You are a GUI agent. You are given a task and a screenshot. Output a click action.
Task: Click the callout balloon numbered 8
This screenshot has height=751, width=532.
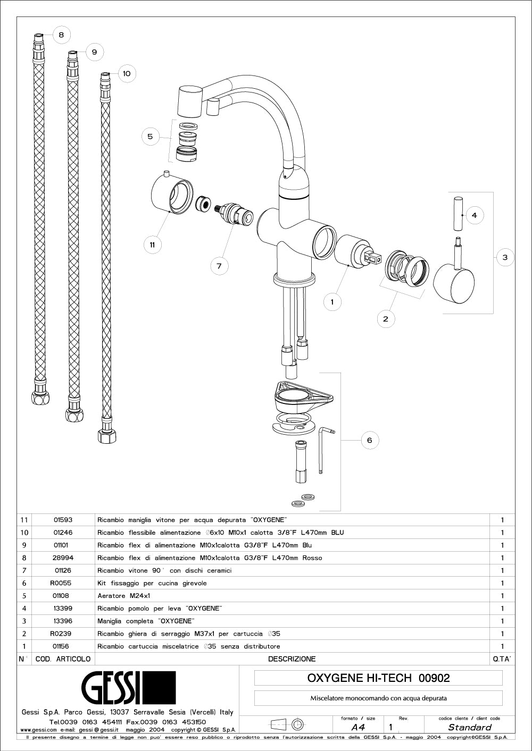[x=61, y=35]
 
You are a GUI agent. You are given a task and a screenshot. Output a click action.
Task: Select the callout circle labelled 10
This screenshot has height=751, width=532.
[x=126, y=73]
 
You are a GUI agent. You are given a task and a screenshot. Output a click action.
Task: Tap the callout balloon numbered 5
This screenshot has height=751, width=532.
[x=150, y=137]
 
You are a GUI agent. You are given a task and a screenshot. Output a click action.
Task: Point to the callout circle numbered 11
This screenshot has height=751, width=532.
[x=152, y=244]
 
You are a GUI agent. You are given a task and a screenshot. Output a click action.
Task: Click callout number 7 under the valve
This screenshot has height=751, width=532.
[x=219, y=266]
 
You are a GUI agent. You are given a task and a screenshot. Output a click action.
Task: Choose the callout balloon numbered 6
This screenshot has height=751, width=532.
[x=370, y=440]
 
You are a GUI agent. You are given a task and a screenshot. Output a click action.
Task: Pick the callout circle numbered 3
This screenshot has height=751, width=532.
[x=505, y=257]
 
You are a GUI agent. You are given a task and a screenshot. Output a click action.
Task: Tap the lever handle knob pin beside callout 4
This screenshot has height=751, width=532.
[x=459, y=214]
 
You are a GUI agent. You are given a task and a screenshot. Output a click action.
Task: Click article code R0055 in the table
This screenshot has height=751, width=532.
[x=61, y=583]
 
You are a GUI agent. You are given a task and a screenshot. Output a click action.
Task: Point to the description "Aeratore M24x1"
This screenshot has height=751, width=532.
[x=124, y=596]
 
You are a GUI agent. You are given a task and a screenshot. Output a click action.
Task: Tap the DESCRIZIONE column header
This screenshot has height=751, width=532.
[x=292, y=659]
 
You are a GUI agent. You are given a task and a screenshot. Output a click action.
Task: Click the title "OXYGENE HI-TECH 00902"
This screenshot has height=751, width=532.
[x=378, y=678]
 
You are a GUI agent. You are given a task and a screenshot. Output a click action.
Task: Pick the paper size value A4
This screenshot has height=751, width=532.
[x=358, y=728]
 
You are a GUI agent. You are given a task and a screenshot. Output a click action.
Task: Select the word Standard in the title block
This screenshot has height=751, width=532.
[x=469, y=728]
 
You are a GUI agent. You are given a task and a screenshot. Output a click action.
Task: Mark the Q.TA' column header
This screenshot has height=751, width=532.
[x=502, y=659]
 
